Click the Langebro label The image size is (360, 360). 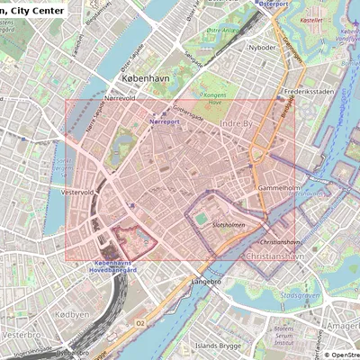[x=208, y=281]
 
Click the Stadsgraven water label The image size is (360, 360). [x=300, y=293]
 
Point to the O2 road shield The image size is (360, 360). [x=139, y=321]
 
